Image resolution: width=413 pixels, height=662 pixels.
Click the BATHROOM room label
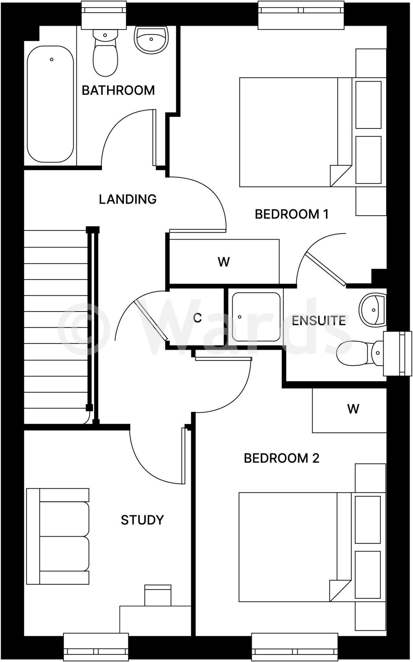tap(118, 91)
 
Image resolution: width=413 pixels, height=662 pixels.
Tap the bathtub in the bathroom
tap(50, 104)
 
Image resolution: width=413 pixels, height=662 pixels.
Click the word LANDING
tap(128, 199)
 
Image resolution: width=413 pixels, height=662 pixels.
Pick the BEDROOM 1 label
tap(291, 214)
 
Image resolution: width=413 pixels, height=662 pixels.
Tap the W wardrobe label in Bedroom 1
tap(224, 262)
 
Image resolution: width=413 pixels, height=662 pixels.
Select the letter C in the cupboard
tap(197, 318)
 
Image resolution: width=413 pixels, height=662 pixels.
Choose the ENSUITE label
tap(319, 321)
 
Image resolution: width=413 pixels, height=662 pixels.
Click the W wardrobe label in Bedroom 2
tap(353, 409)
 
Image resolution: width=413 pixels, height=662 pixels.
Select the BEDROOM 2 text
tap(281, 458)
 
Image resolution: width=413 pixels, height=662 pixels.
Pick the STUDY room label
tap(142, 520)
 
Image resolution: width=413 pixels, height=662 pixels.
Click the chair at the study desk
tap(158, 595)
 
